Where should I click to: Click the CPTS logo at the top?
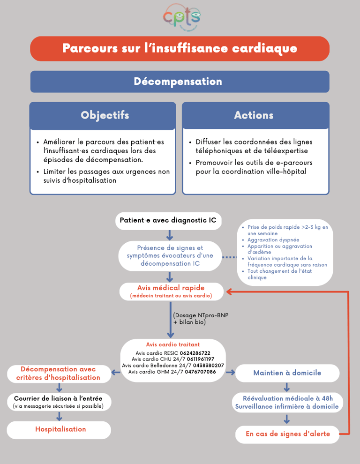182,18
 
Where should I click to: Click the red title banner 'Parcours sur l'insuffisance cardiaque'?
180,48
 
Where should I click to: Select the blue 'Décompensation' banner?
180,82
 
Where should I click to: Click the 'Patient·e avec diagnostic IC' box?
168,220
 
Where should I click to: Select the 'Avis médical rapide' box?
171,291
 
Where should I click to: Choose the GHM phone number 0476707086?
200,372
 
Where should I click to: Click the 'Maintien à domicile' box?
287,373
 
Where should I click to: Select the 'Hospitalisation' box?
60,429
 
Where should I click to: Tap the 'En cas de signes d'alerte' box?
287,434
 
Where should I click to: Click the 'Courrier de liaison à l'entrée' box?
59,402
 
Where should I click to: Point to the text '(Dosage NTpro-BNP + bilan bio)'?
201,319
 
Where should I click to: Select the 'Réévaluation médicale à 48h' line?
286,398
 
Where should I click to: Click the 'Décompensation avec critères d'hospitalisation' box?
58,374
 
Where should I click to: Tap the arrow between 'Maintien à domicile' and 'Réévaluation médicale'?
287,387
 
